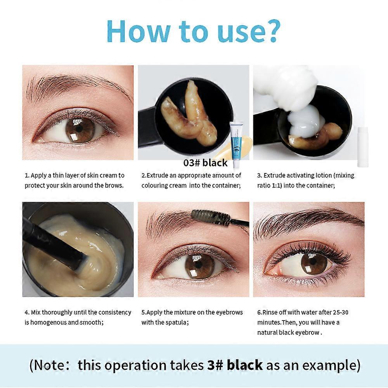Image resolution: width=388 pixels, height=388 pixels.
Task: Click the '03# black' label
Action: pos(205,163)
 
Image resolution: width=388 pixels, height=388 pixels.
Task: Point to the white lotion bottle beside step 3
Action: pos(362,147)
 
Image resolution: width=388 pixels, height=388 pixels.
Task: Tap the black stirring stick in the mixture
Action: pos(53,242)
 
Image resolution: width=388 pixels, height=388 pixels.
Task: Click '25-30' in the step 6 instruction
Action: pos(341,312)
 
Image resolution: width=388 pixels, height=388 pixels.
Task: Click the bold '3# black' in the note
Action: pos(235,365)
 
